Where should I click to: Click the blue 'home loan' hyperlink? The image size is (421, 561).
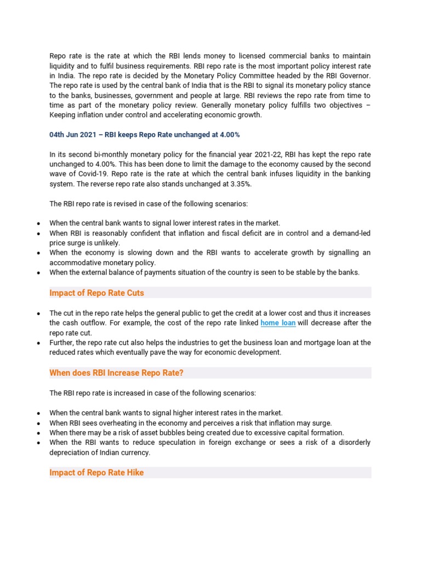(x=278, y=323)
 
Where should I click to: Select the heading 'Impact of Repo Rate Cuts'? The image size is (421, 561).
(x=96, y=293)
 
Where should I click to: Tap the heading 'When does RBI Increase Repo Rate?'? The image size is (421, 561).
(x=116, y=373)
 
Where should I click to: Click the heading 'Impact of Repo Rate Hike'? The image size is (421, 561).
(x=96, y=472)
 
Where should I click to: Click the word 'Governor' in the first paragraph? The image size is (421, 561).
(x=354, y=76)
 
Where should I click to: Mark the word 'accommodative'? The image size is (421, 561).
(x=74, y=262)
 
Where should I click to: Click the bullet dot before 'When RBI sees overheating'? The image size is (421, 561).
(x=37, y=423)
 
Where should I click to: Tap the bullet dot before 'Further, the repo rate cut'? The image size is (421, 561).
(x=37, y=343)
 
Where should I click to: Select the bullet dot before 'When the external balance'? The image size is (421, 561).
(x=37, y=273)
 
